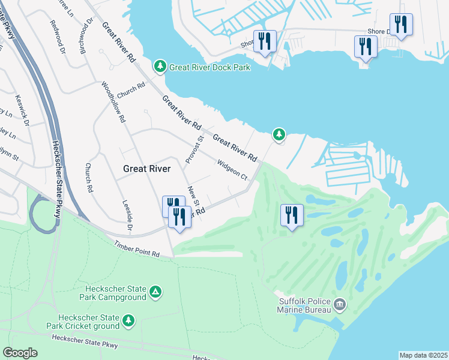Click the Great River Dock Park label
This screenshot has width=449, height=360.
(x=209, y=67)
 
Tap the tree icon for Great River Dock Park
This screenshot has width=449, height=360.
(x=160, y=67)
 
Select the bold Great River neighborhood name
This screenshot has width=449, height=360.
(x=147, y=169)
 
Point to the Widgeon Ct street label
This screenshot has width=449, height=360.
(x=232, y=170)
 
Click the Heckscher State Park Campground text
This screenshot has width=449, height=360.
(x=113, y=292)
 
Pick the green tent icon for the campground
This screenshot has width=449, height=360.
(x=155, y=292)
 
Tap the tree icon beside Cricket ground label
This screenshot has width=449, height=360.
(x=128, y=322)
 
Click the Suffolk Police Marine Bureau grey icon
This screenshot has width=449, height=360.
(x=340, y=305)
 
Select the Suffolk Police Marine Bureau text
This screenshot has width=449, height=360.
(x=304, y=305)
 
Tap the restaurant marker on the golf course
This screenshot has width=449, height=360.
(x=292, y=215)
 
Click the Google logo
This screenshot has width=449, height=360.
(x=20, y=353)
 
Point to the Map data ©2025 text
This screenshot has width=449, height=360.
(x=423, y=355)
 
